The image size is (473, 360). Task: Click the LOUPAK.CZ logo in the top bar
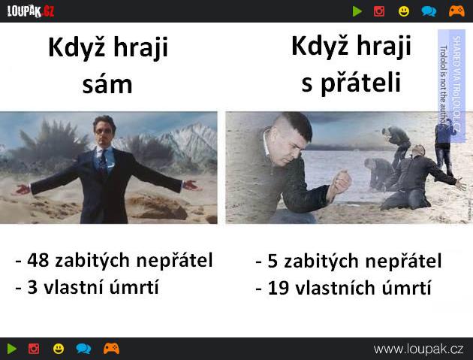pos(31,11)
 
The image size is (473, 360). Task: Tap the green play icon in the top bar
pos(357,11)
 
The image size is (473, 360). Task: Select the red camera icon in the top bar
pos(379,11)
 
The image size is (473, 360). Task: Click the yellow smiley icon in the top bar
pos(404,11)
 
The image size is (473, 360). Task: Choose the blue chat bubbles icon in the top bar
pos(429,11)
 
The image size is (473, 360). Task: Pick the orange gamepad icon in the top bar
pos(456,11)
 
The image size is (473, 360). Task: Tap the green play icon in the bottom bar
pos(12,349)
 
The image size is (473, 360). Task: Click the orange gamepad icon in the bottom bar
pos(111,349)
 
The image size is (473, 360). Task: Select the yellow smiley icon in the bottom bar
pos(59,349)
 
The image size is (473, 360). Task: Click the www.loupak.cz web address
pos(418,349)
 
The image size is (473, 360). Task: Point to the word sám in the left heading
pos(107,85)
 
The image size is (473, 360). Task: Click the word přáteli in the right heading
pos(361,83)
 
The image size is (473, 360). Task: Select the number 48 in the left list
pos(38,260)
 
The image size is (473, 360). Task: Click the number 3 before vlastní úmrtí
pos(32,287)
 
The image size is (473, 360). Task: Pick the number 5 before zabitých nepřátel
pos(273,261)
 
